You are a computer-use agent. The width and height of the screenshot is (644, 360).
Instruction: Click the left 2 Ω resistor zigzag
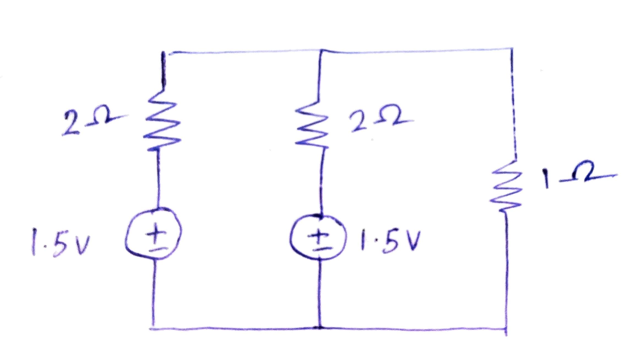click(162, 121)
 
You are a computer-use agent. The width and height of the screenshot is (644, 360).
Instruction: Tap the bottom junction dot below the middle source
click(319, 328)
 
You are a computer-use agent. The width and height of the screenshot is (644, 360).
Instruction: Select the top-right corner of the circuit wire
click(512, 49)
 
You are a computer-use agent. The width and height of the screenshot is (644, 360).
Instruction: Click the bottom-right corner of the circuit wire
click(506, 329)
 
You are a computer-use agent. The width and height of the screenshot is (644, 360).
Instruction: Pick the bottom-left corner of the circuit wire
click(153, 328)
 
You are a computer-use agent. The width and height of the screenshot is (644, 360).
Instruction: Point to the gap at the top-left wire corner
click(166, 52)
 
